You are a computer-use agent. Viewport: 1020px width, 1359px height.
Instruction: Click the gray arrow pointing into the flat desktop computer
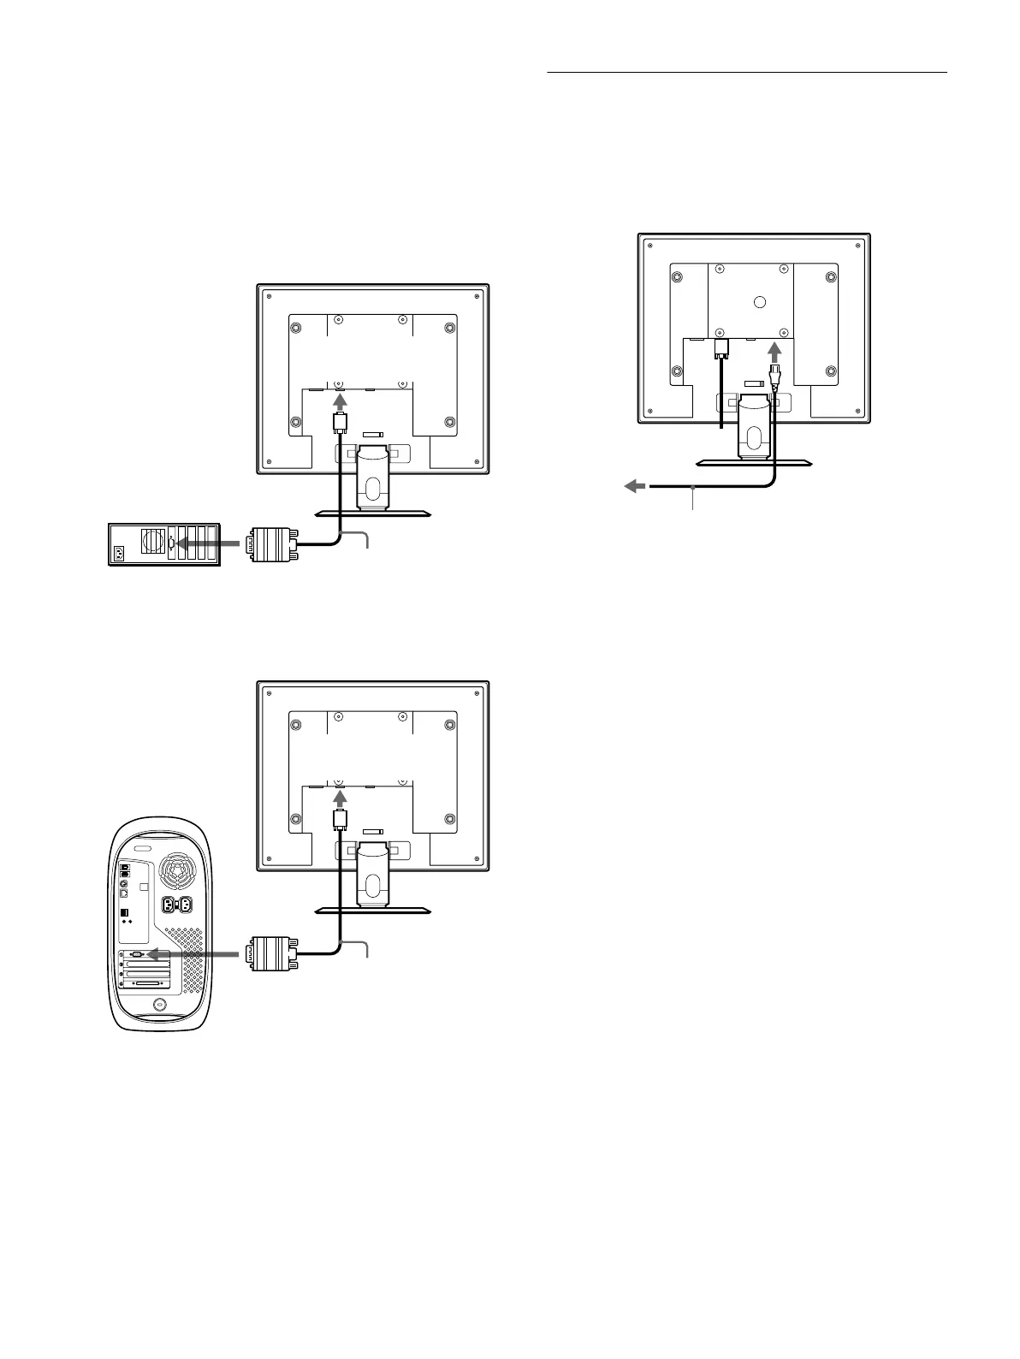(x=205, y=543)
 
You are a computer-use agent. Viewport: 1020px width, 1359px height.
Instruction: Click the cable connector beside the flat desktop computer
(x=271, y=543)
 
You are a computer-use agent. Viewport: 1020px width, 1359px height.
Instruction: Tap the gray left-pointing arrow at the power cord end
(x=635, y=486)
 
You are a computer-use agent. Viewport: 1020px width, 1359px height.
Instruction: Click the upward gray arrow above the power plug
(x=775, y=352)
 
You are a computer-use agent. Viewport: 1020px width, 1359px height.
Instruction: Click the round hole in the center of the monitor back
(x=758, y=302)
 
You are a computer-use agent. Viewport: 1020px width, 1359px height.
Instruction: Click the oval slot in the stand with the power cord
(x=753, y=435)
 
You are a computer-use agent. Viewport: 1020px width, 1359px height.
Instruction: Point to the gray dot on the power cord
(x=691, y=488)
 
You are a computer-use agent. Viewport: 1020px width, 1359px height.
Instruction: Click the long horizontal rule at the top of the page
(x=746, y=73)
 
